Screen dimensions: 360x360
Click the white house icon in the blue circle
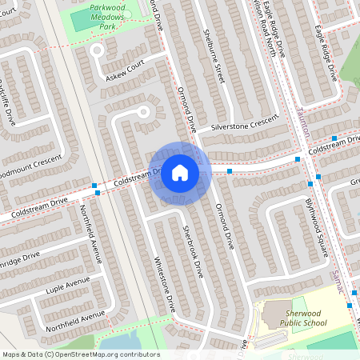coord(180,173)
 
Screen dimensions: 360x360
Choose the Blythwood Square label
coord(318,228)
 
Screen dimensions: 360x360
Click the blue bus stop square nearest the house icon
coord(230,171)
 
